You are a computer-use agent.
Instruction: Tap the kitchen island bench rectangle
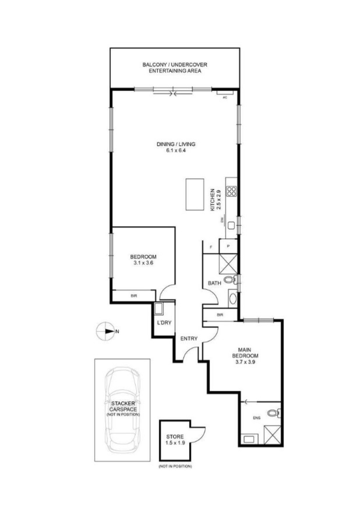tap(194, 194)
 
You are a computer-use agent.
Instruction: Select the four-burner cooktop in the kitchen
tap(232, 192)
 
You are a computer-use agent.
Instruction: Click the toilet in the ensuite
tap(273, 412)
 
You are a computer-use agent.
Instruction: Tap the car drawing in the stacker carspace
tap(122, 408)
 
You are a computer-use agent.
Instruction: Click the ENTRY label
tap(189, 339)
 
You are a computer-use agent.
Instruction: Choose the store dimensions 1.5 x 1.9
tap(175, 443)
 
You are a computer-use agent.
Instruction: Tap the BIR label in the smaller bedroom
tap(134, 296)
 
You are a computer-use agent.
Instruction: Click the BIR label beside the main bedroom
tap(220, 315)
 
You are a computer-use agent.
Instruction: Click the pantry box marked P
tap(228, 246)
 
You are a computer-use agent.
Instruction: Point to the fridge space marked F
tap(211, 246)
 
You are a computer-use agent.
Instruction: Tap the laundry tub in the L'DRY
tap(159, 309)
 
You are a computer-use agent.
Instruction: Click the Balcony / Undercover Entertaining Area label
tap(175, 68)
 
